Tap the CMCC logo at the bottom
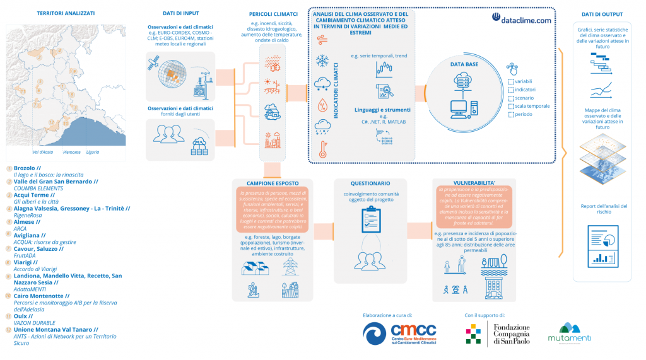pos(399,333)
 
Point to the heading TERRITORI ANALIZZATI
pos(66,13)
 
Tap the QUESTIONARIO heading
pos(362,183)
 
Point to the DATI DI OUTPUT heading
pos(601,14)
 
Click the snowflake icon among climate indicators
pos(322,61)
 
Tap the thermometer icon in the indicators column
pos(322,149)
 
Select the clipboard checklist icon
pos(369,218)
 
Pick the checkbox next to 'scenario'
pos(510,98)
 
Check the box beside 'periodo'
pos(510,114)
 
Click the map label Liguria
pos(92,152)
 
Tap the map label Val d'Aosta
pos(42,152)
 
